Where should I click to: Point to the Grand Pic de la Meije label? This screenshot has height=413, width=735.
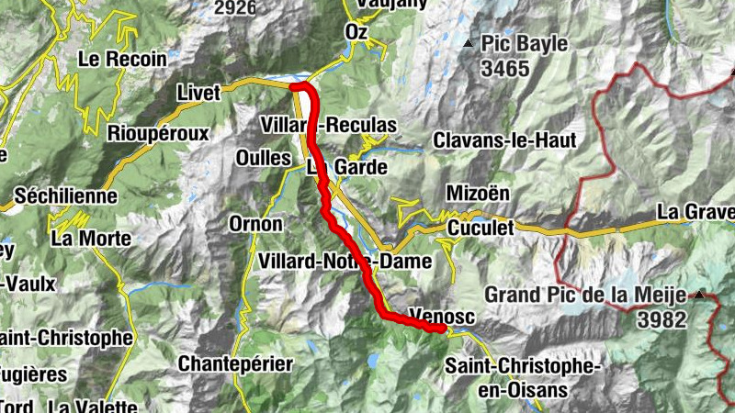(x=588, y=295)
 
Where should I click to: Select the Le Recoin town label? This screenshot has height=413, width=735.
(x=122, y=59)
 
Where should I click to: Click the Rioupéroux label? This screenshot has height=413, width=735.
(x=158, y=133)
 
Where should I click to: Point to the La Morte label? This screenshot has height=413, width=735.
(x=91, y=239)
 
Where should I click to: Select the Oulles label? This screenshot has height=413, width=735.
(x=263, y=157)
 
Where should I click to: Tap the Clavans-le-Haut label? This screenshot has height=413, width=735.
(x=504, y=140)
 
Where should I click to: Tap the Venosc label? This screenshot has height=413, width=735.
(x=432, y=314)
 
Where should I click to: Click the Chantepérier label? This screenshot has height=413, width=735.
(x=235, y=363)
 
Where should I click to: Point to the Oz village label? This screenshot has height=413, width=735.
(x=356, y=32)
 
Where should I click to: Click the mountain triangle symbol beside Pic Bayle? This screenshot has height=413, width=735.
(x=469, y=43)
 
